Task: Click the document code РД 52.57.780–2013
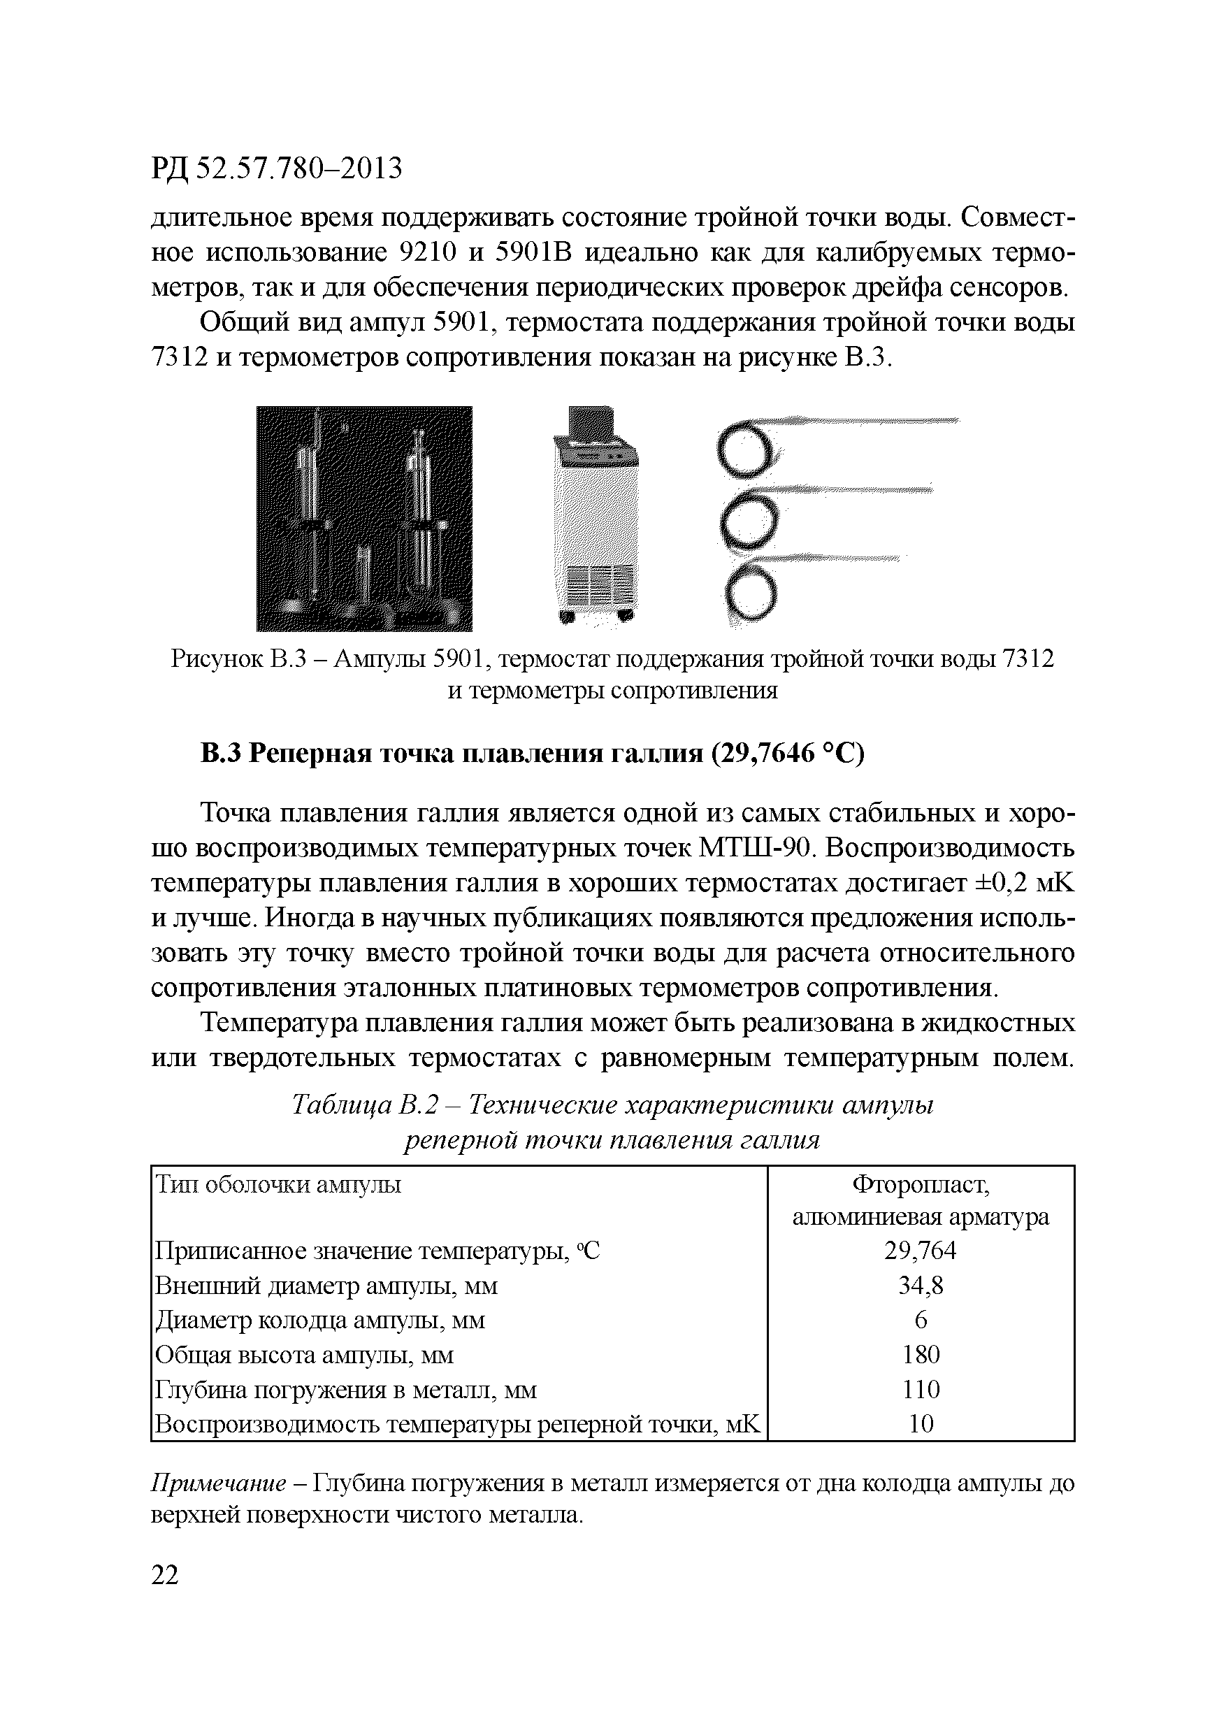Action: coord(277,169)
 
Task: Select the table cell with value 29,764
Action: coord(920,1251)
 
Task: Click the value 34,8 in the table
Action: coord(920,1285)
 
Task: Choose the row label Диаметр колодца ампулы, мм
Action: coord(320,1320)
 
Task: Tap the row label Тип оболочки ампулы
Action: coord(277,1185)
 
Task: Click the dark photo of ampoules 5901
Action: coord(364,518)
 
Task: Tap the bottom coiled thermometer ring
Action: coord(749,594)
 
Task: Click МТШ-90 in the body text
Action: coord(756,848)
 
